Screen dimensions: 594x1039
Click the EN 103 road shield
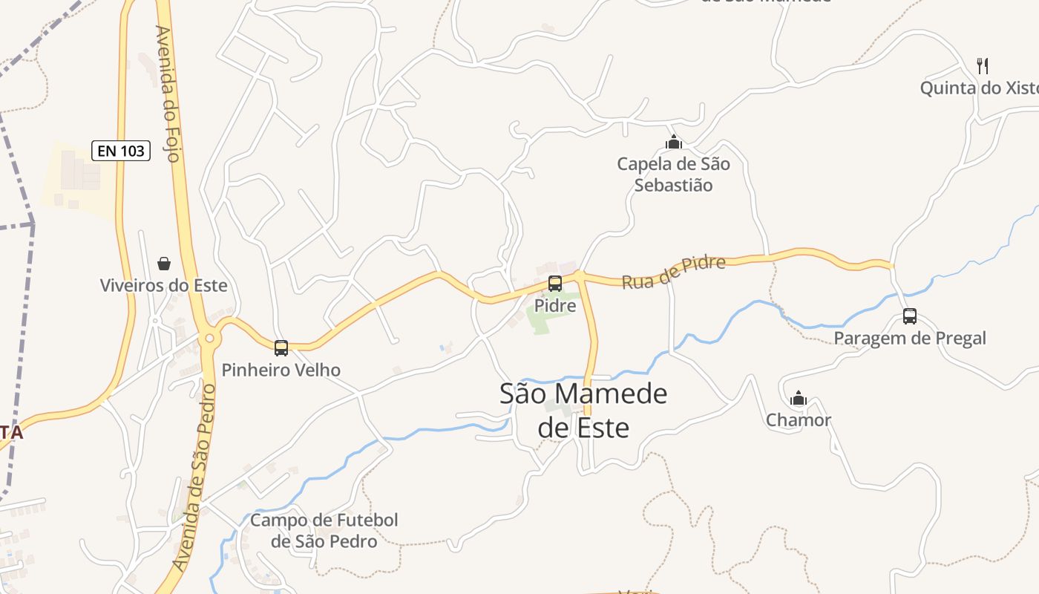pos(122,151)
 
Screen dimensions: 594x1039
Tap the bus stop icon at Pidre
pos(555,283)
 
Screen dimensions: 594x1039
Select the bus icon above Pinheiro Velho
pos(281,347)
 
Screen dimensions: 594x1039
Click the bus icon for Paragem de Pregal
pos(910,316)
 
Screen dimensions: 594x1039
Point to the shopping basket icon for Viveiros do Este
pos(164,264)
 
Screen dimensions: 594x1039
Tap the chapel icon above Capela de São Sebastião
pos(674,142)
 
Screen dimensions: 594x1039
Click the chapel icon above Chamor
pos(799,399)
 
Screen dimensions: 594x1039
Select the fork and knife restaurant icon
pos(983,65)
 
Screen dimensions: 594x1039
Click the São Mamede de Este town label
pos(583,411)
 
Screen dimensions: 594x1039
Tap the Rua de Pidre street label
pos(673,272)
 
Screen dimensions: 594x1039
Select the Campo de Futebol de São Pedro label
pos(324,531)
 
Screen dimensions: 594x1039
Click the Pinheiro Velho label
pos(281,370)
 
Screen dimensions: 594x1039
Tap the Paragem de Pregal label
pos(910,339)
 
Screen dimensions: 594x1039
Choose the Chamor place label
pos(799,420)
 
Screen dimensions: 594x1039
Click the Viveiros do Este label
pos(164,286)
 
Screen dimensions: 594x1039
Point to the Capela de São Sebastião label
pos(674,174)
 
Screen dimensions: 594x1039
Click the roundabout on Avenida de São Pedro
pos(209,339)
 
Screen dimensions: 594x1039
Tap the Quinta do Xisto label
pos(978,88)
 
